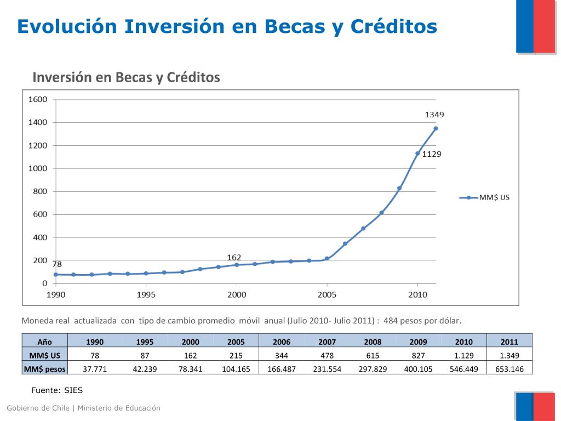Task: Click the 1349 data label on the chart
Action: [434, 115]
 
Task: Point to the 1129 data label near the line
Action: [431, 154]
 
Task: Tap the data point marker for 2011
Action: [436, 128]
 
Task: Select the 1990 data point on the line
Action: [56, 274]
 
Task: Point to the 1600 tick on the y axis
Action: [38, 99]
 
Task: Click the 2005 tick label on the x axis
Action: [327, 294]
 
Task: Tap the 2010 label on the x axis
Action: [417, 294]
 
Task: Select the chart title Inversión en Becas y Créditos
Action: [126, 77]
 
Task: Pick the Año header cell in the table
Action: [45, 342]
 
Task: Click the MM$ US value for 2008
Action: [373, 356]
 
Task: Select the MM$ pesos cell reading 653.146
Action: [509, 369]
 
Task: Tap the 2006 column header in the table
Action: [282, 342]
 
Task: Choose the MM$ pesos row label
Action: [45, 369]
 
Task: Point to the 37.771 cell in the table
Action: [94, 369]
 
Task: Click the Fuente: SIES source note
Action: [56, 390]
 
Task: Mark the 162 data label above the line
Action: [234, 257]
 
